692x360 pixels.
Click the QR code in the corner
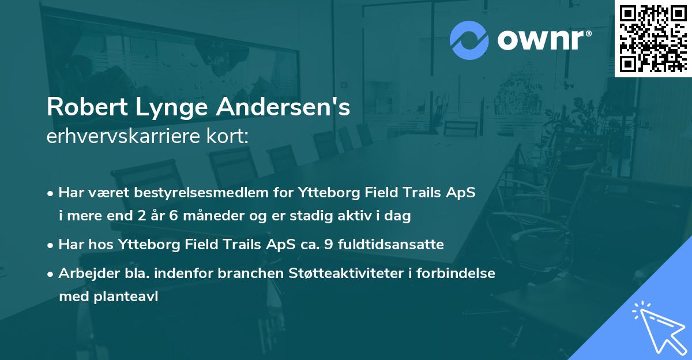[x=653, y=38]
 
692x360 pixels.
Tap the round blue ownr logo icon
[x=469, y=40]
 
